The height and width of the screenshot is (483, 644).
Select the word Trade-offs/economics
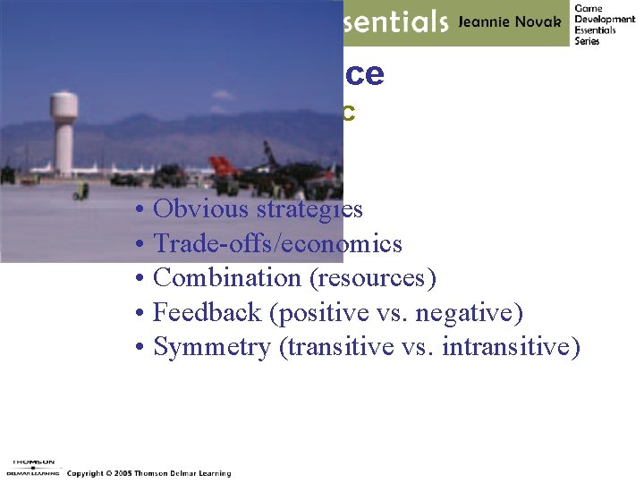tap(277, 244)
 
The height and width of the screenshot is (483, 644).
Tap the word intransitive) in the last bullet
tap(514, 347)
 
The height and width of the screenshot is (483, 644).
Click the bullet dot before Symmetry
tap(141, 348)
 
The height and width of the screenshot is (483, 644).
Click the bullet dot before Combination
tap(141, 279)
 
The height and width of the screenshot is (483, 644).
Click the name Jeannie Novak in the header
tap(510, 23)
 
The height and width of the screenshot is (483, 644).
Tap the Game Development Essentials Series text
tap(605, 24)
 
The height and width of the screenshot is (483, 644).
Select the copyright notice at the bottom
tap(148, 473)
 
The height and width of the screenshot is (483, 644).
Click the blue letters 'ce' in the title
tap(364, 75)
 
